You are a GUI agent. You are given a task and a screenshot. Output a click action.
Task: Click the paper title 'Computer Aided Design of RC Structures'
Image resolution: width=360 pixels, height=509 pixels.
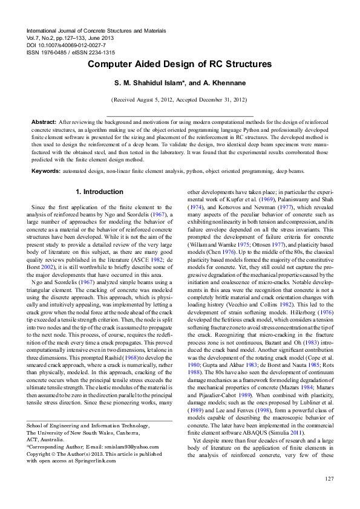(180, 64)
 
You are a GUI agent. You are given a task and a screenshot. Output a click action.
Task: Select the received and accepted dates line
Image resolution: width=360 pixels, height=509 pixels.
(179, 99)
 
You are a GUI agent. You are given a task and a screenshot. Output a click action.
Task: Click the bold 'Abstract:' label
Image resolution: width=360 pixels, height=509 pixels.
(44, 122)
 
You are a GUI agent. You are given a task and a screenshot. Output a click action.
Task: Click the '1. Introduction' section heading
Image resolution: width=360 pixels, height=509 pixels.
(99, 192)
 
